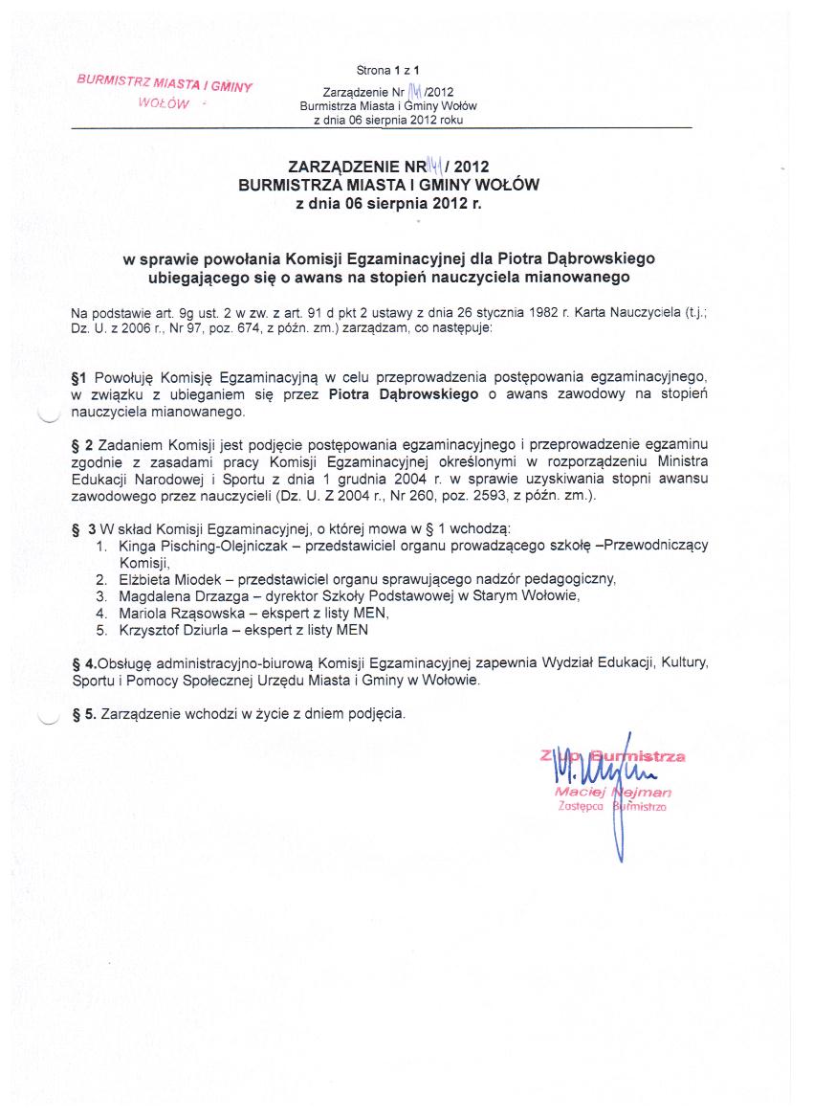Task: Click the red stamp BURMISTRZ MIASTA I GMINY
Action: coord(164,83)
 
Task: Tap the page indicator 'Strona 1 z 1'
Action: coord(387,70)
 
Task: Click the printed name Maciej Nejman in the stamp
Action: coord(613,793)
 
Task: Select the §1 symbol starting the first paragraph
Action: coord(79,378)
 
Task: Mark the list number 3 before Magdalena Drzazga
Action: coord(100,595)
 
